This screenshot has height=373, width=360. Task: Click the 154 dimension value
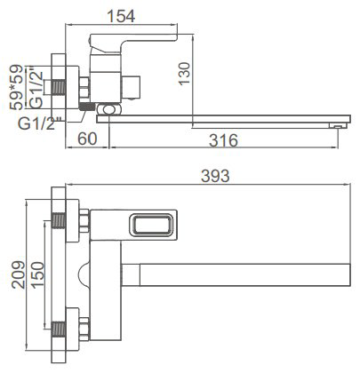pyautogui.click(x=121, y=16)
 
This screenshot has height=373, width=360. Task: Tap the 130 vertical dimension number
pyautogui.click(x=184, y=74)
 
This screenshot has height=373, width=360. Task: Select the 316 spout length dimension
pyautogui.click(x=223, y=140)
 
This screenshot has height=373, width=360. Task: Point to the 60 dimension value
pyautogui.click(x=87, y=139)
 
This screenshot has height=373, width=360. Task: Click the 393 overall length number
pyautogui.click(x=215, y=176)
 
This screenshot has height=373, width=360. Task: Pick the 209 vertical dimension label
pyautogui.click(x=19, y=274)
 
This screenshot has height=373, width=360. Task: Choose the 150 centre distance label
pyautogui.click(x=37, y=275)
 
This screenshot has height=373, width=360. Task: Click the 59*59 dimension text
pyautogui.click(x=16, y=87)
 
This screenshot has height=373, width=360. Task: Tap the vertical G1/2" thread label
pyautogui.click(x=36, y=90)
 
